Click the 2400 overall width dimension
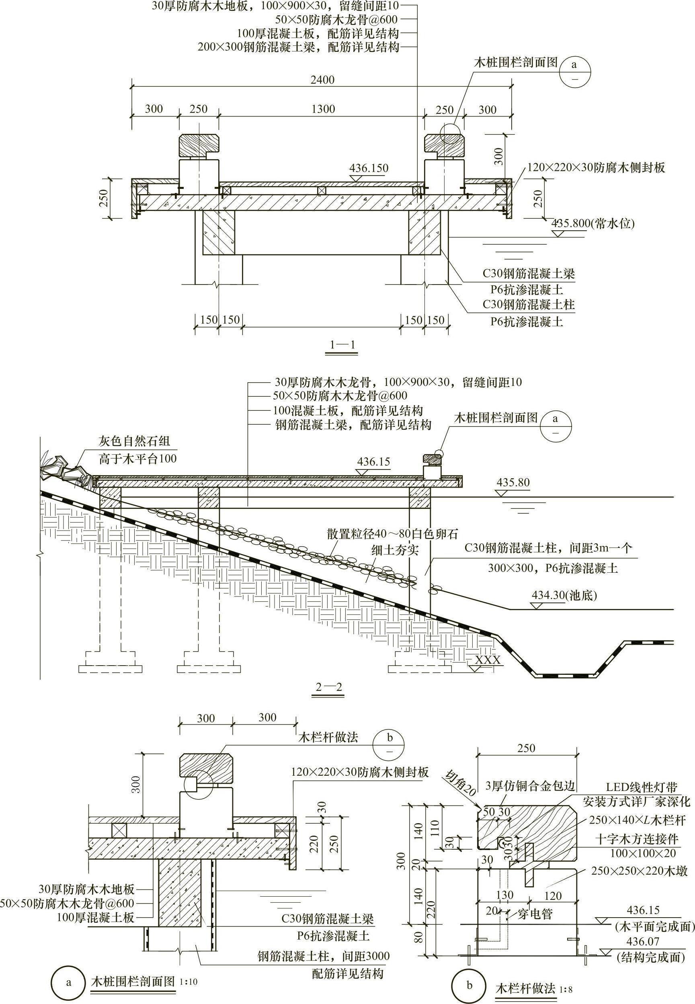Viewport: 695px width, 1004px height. (322, 80)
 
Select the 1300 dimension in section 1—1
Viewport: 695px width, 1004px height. (323, 109)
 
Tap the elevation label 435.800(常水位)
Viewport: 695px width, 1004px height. (593, 224)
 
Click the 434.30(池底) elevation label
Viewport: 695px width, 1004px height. (564, 595)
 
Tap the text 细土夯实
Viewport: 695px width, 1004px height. (395, 550)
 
